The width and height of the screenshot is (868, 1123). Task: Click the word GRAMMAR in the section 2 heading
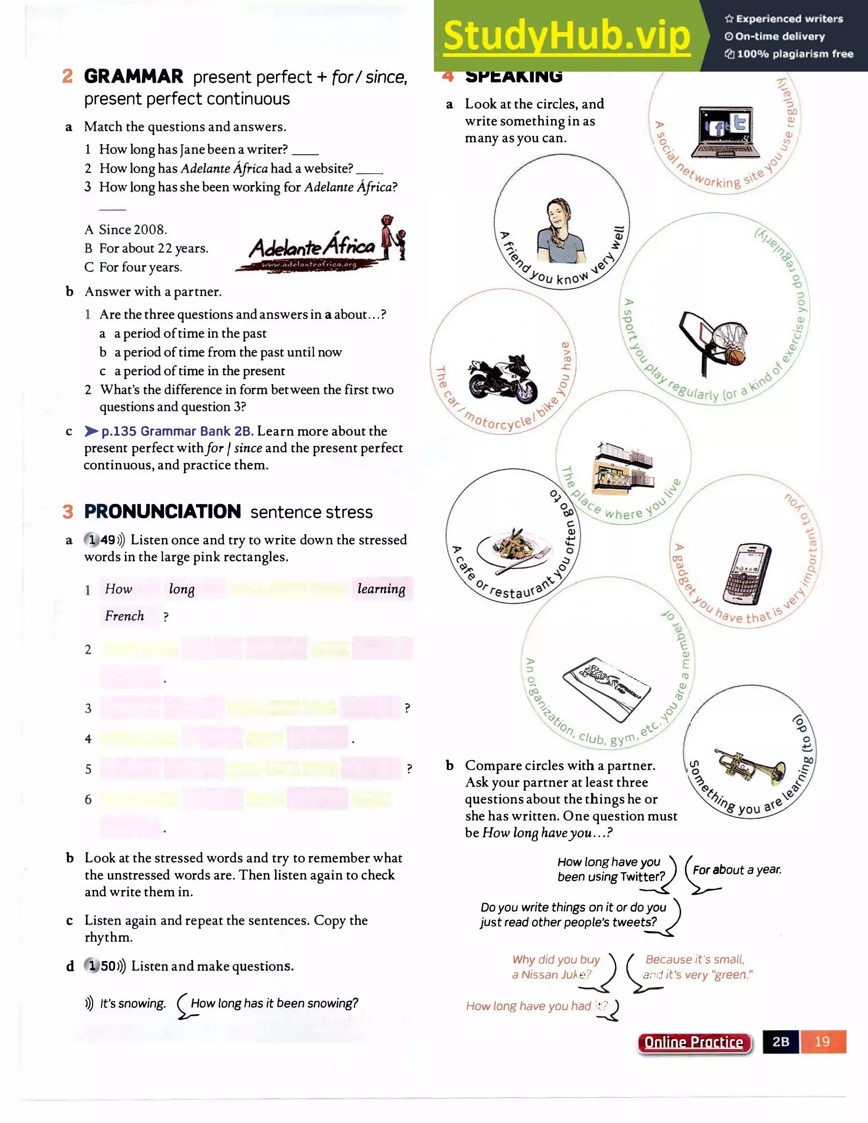134,77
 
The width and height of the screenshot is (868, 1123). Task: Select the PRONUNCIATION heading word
162,511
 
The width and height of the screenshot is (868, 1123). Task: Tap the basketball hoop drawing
715,342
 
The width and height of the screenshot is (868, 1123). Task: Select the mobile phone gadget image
747,573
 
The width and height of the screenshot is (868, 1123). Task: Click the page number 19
822,1041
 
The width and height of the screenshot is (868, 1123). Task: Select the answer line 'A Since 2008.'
126,229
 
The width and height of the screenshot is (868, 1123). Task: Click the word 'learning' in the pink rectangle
381,589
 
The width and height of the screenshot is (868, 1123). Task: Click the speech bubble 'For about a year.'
736,870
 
